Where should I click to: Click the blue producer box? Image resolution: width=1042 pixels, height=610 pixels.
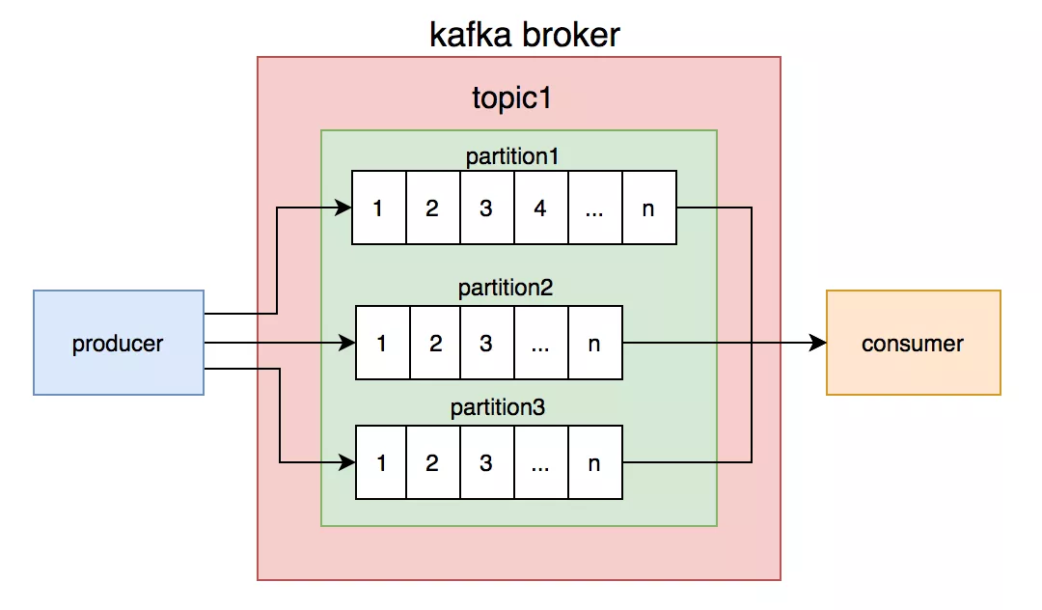pyautogui.click(x=119, y=343)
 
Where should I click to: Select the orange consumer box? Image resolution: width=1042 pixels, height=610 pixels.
pyautogui.click(x=913, y=343)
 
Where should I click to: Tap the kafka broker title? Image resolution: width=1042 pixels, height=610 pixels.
pyautogui.click(x=524, y=36)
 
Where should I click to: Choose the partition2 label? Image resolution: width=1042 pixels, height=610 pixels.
pyautogui.click(x=505, y=288)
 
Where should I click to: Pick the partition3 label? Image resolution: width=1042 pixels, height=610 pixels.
pyautogui.click(x=498, y=407)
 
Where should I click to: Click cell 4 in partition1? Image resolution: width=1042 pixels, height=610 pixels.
pyautogui.click(x=540, y=208)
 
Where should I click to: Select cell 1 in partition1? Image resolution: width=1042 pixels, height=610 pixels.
pyautogui.click(x=378, y=208)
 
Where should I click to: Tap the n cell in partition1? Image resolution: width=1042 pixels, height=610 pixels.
pyautogui.click(x=648, y=208)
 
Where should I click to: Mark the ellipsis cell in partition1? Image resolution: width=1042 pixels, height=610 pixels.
pyautogui.click(x=594, y=208)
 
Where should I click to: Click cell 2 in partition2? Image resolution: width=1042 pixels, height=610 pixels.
pyautogui.click(x=436, y=343)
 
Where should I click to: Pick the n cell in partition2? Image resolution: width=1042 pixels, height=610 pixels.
pyautogui.click(x=594, y=343)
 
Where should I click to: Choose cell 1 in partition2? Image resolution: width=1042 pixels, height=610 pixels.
pyautogui.click(x=383, y=343)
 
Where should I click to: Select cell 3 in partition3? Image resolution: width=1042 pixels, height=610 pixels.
pyautogui.click(x=486, y=462)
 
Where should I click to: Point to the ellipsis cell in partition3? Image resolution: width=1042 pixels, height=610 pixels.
pyautogui.click(x=540, y=462)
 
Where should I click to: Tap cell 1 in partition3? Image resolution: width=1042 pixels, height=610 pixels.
pyautogui.click(x=383, y=462)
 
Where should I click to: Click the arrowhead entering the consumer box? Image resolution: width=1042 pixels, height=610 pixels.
pyautogui.click(x=819, y=343)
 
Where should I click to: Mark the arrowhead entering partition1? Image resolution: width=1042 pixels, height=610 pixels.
pyautogui.click(x=343, y=208)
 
